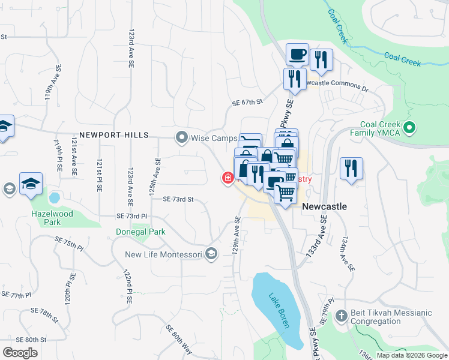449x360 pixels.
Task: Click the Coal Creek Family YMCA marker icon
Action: pyautogui.click(x=410, y=127)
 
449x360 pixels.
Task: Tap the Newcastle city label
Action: pyautogui.click(x=324, y=206)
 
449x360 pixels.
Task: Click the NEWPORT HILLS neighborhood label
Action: pyautogui.click(x=113, y=136)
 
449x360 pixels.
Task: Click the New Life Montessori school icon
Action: pyautogui.click(x=211, y=254)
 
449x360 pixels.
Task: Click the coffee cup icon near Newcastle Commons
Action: pyautogui.click(x=297, y=55)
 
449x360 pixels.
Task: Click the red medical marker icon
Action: pyautogui.click(x=228, y=178)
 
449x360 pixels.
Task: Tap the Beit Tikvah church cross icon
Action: pyautogui.click(x=341, y=316)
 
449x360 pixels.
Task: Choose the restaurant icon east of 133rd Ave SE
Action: pyautogui.click(x=351, y=168)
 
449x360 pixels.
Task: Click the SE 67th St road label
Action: pyautogui.click(x=248, y=103)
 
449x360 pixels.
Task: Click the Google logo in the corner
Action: pyautogui.click(x=20, y=353)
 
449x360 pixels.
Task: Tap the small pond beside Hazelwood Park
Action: pyautogui.click(x=54, y=197)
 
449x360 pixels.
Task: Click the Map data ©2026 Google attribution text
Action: pyautogui.click(x=411, y=355)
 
